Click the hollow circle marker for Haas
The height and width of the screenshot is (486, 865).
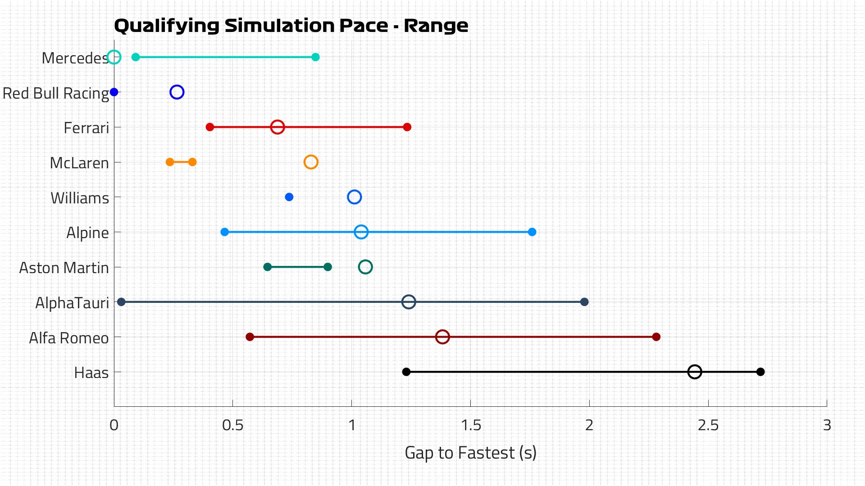pos(695,372)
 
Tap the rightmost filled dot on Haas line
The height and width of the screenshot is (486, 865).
pos(760,372)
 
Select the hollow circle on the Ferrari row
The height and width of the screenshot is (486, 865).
pos(278,127)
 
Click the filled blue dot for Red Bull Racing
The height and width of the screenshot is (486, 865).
pos(114,92)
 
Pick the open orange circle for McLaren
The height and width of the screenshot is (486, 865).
pos(311,162)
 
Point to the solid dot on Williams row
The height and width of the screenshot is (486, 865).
pos(289,197)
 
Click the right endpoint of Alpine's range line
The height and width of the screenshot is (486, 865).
pos(532,232)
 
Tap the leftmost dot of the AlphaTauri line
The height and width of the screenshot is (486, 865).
pos(121,302)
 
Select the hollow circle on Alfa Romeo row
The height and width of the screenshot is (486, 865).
pos(442,337)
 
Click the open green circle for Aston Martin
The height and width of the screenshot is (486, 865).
pos(365,267)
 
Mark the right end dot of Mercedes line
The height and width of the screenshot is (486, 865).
pos(316,57)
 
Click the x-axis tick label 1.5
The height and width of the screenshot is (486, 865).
pos(471,425)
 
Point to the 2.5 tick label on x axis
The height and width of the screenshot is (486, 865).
pos(708,425)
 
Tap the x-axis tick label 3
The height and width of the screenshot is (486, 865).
pos(827,425)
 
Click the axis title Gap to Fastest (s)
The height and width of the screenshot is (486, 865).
pos(470,453)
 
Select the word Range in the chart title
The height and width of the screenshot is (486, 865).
pos(436,26)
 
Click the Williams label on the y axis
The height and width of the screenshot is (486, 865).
pos(80,198)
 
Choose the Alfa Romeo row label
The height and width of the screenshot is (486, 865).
pos(69,338)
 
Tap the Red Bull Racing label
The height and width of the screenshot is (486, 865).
pos(56,93)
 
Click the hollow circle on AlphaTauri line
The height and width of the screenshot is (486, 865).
pos(409,302)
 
